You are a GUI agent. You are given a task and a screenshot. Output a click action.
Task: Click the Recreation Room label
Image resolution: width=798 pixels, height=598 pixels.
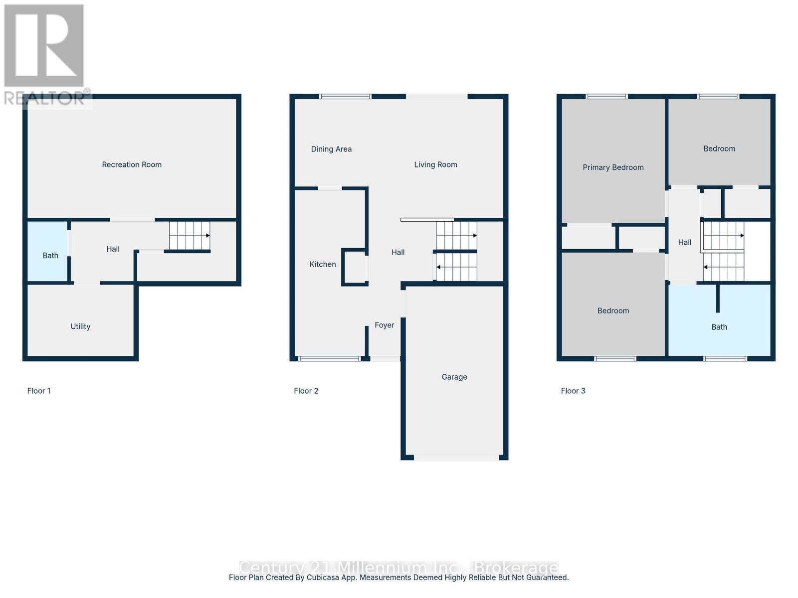132,164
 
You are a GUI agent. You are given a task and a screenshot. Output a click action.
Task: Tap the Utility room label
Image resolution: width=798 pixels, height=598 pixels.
80,326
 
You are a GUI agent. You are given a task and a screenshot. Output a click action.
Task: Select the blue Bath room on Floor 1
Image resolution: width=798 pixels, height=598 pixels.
48,251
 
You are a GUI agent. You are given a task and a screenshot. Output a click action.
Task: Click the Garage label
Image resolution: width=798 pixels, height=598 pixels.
454,377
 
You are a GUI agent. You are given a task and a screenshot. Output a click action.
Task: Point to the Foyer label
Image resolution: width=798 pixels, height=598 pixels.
384,325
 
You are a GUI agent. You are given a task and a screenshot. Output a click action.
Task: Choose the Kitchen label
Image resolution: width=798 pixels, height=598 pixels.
323,264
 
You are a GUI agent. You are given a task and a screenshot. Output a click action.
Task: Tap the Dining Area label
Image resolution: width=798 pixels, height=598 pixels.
331,149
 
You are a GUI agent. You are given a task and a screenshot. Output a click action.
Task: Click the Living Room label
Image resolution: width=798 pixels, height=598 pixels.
435,164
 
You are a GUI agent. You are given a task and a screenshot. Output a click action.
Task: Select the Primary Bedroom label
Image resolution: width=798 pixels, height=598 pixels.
613,167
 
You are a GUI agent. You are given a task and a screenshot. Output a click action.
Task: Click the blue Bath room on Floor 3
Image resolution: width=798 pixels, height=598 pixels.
720,320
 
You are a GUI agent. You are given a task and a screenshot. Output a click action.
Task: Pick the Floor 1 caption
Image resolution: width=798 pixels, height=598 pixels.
39,391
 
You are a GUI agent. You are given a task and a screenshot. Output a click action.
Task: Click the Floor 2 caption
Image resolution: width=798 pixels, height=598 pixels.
306,391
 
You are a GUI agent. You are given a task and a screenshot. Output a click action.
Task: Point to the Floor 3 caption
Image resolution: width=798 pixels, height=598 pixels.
573,391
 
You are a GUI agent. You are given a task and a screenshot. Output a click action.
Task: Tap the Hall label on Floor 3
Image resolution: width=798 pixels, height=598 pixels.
685,242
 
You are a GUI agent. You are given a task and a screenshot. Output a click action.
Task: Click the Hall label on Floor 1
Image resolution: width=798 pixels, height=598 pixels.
113,249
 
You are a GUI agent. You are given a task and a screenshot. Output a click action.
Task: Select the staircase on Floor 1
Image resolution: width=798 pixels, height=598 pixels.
190,236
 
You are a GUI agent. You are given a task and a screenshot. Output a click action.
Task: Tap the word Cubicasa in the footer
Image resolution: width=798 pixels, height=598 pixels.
323,577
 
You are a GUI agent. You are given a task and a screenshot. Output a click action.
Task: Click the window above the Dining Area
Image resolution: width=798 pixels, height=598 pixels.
345,96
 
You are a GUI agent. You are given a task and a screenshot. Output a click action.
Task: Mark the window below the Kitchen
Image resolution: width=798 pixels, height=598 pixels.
329,359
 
